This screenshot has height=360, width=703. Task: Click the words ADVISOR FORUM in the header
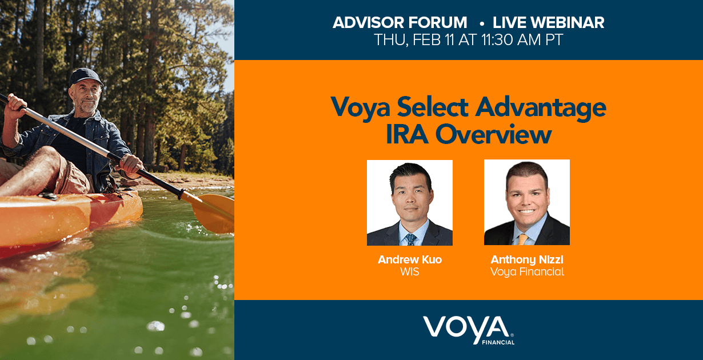click(400, 23)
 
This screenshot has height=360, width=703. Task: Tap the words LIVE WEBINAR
click(548, 23)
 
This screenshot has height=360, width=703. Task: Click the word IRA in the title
click(407, 134)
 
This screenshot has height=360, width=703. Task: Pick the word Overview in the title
click(493, 134)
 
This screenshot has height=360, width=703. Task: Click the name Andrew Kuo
click(410, 259)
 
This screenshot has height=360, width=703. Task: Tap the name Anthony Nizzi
click(527, 260)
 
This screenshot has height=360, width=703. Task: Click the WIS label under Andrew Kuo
click(410, 272)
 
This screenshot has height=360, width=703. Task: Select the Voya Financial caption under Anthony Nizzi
click(527, 272)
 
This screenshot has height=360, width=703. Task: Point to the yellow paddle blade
click(213, 212)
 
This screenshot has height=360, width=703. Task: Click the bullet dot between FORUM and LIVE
click(481, 23)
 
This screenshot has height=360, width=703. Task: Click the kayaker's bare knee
click(47, 157)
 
